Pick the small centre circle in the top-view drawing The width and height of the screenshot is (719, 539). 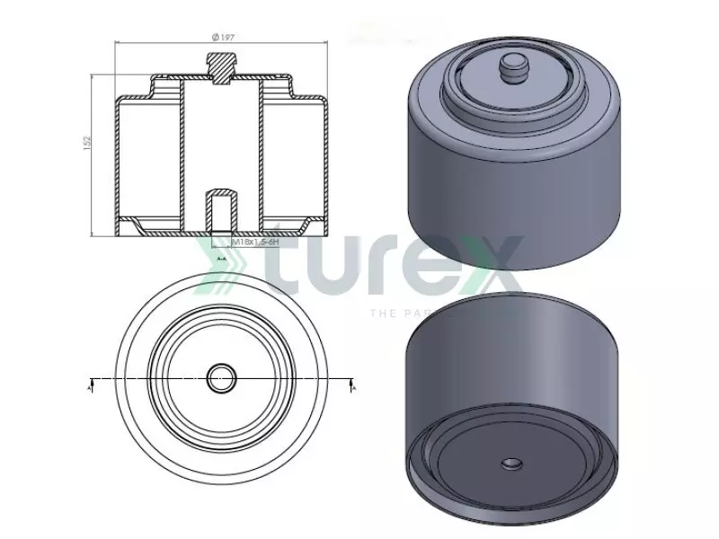(219, 378)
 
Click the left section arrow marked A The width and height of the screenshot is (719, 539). (91, 384)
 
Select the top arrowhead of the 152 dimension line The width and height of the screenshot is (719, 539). (94, 77)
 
